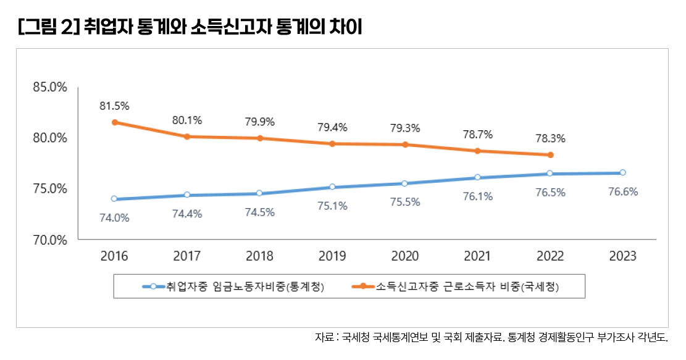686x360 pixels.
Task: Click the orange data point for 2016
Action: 114,122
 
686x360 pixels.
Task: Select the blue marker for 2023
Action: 622,172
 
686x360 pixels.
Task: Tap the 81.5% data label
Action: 114,106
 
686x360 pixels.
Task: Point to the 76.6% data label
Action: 622,191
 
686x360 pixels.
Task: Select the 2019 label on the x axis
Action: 332,256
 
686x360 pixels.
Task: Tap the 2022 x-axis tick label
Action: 550,256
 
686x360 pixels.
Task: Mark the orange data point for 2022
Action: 550,155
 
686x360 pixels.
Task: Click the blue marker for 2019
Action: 332,186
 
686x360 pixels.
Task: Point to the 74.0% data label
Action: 114,217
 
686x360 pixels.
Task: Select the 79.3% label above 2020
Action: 405,128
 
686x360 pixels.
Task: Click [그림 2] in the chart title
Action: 46,28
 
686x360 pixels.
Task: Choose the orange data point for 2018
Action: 260,138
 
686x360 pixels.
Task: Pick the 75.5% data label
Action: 405,202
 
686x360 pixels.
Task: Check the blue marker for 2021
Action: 477,177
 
